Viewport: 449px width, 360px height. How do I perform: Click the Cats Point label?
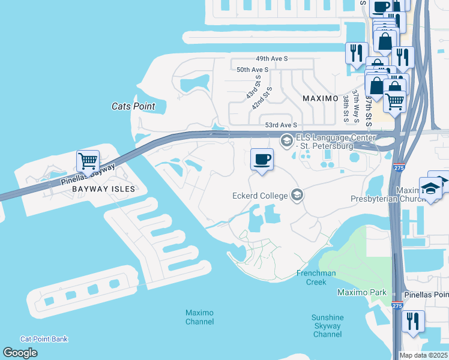[133, 106]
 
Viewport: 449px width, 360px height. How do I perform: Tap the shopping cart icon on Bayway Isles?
[88, 161]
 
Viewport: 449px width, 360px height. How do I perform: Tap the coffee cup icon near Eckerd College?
[262, 160]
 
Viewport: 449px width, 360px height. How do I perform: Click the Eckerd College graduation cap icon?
[297, 194]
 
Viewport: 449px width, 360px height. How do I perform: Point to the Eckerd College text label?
[259, 195]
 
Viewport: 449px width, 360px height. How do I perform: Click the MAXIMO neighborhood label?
[321, 98]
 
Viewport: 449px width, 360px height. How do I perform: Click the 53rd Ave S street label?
[282, 125]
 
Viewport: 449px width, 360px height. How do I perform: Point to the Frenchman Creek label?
[312, 277]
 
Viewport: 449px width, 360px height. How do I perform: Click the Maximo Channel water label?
[199, 317]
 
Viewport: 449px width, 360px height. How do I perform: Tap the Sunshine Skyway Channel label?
[327, 326]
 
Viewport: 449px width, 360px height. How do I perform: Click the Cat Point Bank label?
[44, 339]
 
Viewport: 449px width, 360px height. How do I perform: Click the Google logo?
[20, 353]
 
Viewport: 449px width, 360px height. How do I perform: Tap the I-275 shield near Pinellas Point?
[397, 305]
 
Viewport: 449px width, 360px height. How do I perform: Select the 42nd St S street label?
[262, 97]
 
